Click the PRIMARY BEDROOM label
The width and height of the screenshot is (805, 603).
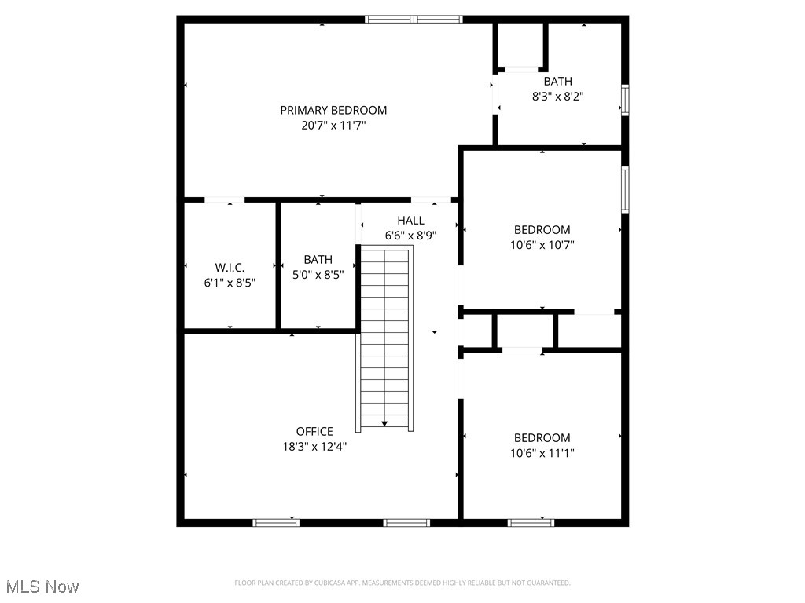[x=333, y=110]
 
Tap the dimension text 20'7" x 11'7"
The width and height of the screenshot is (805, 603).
[x=333, y=125]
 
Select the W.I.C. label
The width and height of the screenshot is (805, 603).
[x=230, y=267]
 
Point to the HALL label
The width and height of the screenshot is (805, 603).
[x=410, y=221]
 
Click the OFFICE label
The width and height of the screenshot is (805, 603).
[x=314, y=431]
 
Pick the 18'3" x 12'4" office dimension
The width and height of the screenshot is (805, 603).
[x=314, y=446]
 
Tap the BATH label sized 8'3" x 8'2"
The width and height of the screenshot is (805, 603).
[x=558, y=81]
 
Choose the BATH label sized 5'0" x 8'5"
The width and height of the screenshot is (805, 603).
[x=318, y=259]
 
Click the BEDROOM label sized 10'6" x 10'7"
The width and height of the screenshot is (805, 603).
[x=542, y=229]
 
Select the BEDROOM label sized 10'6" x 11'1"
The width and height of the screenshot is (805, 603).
[x=542, y=437]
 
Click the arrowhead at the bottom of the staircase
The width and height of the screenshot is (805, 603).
[x=384, y=423]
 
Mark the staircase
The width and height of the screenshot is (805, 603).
[x=385, y=338]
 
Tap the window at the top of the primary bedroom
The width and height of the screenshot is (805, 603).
[x=414, y=19]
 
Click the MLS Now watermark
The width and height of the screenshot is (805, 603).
[x=42, y=587]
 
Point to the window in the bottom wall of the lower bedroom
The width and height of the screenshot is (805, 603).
[x=531, y=522]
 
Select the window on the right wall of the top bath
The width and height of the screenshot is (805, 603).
[x=625, y=100]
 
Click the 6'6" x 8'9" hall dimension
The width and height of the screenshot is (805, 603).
[x=410, y=235]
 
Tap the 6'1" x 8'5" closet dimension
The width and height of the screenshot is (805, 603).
[x=230, y=282]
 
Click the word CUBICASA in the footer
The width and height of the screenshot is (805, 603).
[x=332, y=583]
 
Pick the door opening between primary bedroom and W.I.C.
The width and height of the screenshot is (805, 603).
[x=224, y=200]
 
